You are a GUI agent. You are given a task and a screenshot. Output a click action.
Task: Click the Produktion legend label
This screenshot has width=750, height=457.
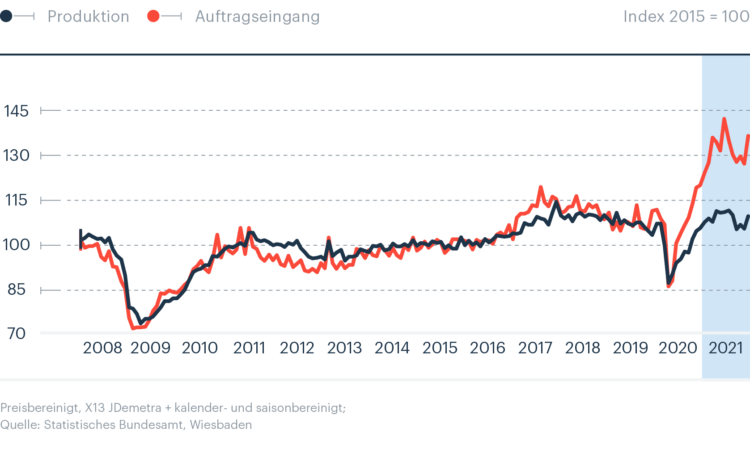(x=88, y=17)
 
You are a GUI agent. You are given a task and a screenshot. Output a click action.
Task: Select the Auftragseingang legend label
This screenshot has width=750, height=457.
(x=257, y=17)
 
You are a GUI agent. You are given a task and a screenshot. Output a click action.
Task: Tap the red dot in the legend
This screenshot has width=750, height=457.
(x=153, y=17)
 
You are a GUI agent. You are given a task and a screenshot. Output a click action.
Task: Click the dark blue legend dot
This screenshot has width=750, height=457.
(x=6, y=17)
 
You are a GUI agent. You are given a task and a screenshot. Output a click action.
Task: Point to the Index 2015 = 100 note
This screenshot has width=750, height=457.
(x=686, y=17)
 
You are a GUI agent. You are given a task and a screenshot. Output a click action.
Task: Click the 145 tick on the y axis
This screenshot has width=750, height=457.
(x=16, y=111)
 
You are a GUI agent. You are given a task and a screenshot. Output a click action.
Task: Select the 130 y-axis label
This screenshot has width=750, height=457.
(x=16, y=155)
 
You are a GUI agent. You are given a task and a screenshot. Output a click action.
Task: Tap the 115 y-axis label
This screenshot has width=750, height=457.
(x=16, y=200)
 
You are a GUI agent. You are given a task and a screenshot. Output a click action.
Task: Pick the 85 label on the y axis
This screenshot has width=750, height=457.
(x=16, y=289)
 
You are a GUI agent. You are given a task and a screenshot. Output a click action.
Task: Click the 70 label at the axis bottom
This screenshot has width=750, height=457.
(x=16, y=333)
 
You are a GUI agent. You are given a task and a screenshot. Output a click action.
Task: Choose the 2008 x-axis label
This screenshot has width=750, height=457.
(x=102, y=348)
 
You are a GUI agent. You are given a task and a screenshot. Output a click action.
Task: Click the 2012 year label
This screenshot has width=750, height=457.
(x=297, y=348)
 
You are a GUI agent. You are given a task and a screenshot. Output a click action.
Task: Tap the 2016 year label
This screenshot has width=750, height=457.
(x=487, y=348)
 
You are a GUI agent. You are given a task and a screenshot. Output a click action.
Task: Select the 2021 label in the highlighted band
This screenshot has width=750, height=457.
(x=726, y=348)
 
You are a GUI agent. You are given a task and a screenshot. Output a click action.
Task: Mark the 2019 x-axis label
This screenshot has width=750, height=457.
(x=630, y=348)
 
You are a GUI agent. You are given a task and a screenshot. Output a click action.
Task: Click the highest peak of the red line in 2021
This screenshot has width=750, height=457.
(x=724, y=119)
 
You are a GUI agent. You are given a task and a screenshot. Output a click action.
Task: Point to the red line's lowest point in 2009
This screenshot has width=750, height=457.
(x=133, y=329)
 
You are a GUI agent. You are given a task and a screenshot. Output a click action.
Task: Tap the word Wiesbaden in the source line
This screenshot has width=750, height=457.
(x=221, y=425)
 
